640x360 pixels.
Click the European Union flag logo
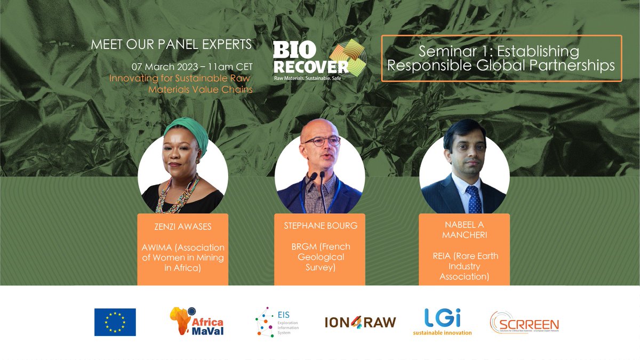click(115, 322)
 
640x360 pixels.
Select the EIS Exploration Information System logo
click(277, 322)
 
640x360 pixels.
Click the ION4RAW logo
click(360, 322)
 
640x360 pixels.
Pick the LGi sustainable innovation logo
click(442, 322)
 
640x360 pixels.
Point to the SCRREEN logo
click(524, 322)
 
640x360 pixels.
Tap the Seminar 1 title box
click(501, 59)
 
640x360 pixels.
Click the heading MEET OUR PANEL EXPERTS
click(171, 44)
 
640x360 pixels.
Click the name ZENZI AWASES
click(183, 227)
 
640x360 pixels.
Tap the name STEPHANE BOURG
click(320, 226)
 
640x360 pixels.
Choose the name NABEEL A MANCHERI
click(464, 230)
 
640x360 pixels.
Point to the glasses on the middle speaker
click(322, 142)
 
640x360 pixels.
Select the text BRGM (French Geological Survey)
click(320, 257)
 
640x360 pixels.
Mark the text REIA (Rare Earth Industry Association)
click(464, 266)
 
